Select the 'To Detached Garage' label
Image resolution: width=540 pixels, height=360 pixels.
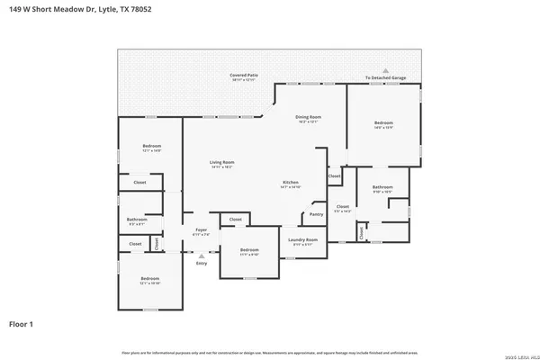[385, 78]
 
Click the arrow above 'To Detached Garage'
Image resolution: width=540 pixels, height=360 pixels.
[385, 70]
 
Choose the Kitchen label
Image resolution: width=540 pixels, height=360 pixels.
[290, 184]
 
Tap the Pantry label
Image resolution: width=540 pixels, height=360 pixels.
[316, 214]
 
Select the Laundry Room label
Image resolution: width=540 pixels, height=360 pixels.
[302, 240]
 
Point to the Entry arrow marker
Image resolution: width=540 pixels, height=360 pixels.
[202, 255]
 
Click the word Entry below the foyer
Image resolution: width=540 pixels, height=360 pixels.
[202, 263]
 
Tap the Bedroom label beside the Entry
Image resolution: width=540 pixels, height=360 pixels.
[249, 251]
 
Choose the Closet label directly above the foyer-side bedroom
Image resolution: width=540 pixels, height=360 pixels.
[235, 219]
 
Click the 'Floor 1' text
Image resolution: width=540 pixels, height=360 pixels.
[22, 322]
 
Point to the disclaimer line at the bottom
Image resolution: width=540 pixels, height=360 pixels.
[270, 350]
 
